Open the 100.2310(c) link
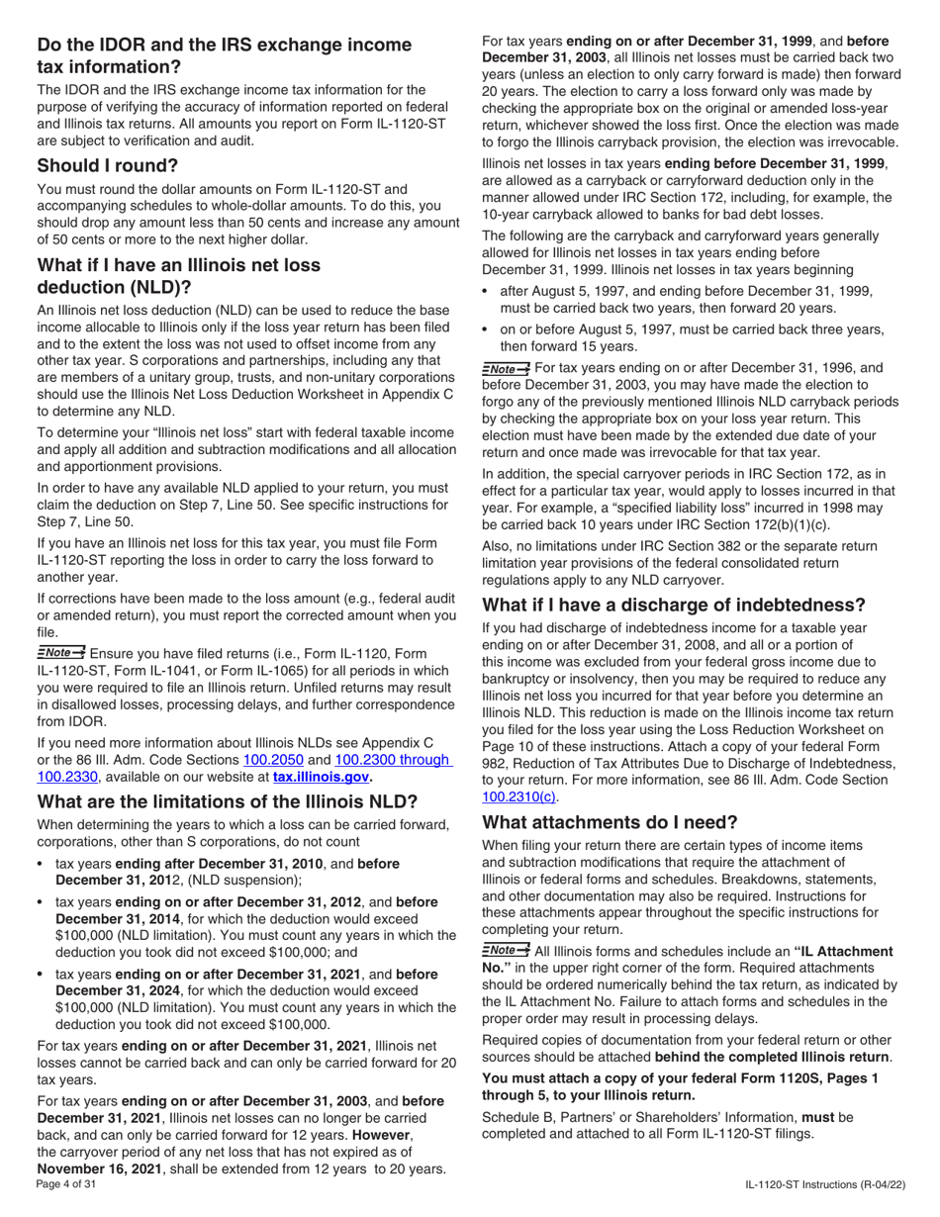[x=519, y=796]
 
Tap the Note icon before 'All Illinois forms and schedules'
[x=505, y=950]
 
